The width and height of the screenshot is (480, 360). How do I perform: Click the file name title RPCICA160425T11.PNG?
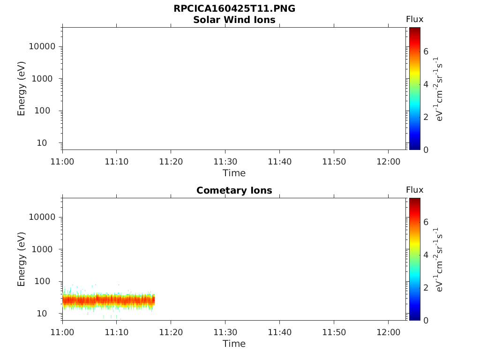234,9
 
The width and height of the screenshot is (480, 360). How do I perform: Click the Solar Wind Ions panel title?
234,20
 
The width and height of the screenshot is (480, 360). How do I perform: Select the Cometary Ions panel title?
234,190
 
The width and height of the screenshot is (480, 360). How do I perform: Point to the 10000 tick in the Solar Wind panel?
42,47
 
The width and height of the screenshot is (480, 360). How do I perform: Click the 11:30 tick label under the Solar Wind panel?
225,162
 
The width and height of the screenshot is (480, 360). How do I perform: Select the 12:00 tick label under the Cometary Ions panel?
388,332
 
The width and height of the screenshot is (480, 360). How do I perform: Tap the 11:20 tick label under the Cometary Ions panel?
171,332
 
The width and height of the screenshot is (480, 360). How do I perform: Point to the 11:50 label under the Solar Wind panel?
334,162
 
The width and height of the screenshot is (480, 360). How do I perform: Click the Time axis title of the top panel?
234,173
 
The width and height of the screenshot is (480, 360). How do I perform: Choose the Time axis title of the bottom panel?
234,344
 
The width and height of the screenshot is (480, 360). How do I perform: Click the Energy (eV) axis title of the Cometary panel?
22,259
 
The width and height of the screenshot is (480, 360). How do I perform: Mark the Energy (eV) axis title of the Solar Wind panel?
22,89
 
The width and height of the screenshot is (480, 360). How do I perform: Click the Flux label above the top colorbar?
414,19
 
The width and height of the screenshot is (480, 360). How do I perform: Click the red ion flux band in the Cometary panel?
108,300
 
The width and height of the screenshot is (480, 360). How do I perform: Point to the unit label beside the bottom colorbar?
440,259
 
